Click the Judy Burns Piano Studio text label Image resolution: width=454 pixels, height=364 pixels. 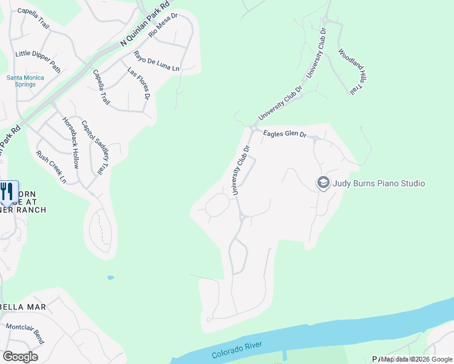click(379, 183)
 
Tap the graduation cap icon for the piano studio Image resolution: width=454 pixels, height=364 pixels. click(324, 183)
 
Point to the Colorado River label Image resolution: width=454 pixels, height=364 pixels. click(237, 349)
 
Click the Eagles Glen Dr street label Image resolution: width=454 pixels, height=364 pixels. click(285, 133)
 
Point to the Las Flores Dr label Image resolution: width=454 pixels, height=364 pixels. click(138, 83)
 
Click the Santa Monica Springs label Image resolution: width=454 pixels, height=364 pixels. click(21, 81)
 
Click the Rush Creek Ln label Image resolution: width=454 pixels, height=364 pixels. click(51, 167)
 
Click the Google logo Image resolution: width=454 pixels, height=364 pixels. click(20, 357)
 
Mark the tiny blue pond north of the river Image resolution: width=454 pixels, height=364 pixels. click(110, 278)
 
